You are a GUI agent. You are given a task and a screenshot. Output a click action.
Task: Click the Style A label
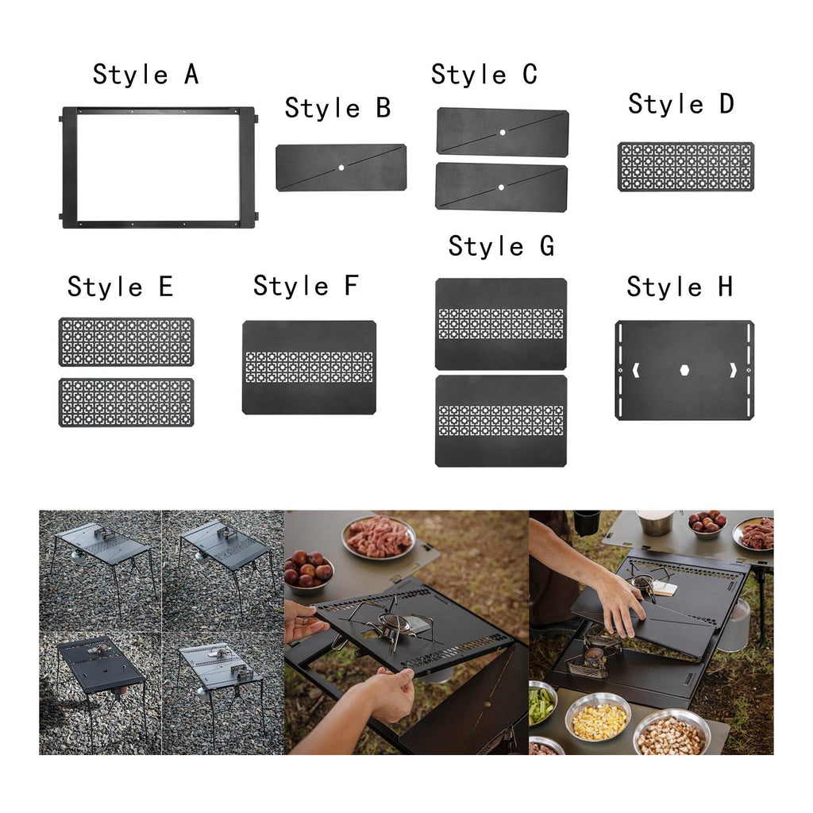[146, 74]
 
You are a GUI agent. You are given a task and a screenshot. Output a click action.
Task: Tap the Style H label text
[680, 287]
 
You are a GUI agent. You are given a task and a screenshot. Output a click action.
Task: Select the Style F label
[306, 286]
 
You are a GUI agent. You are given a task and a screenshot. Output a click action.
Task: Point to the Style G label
[502, 246]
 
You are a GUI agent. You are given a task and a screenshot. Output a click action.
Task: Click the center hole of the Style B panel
[341, 168]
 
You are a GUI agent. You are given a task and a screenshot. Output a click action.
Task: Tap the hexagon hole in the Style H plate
[684, 370]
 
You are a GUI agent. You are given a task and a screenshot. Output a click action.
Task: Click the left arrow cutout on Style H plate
[637, 370]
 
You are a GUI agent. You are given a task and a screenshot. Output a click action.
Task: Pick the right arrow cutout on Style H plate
[733, 370]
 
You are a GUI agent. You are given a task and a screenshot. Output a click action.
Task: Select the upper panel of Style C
[503, 132]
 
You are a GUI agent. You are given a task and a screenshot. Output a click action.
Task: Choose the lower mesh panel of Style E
[126, 403]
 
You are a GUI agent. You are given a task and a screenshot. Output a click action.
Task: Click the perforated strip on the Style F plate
[309, 367]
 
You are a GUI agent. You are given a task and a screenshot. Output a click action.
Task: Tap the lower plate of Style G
[501, 421]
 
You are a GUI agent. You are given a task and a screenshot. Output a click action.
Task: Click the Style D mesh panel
[686, 167]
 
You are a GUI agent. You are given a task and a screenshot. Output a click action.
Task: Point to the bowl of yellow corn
[599, 719]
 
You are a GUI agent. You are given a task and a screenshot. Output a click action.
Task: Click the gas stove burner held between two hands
[394, 624]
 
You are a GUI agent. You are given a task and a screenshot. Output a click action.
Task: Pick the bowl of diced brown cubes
[672, 733]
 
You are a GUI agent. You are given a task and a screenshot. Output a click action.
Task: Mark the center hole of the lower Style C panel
[502, 187]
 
